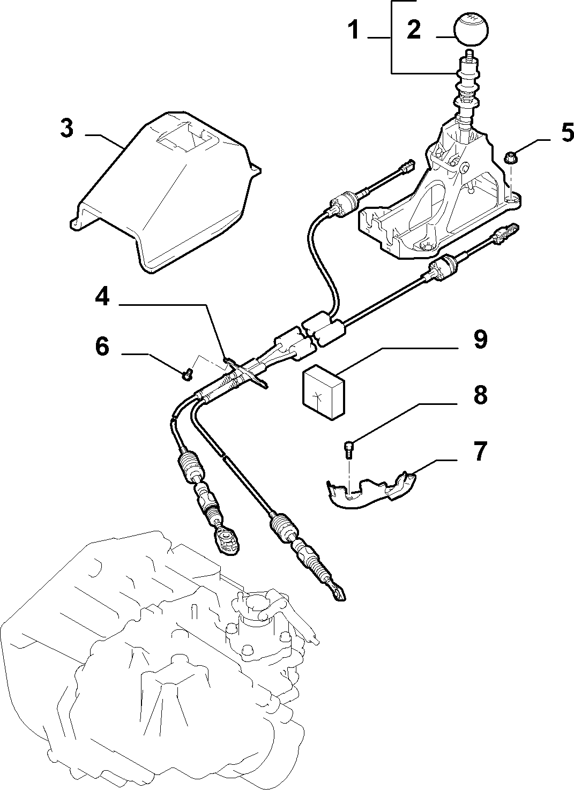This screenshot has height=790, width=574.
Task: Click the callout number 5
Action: coord(566,132)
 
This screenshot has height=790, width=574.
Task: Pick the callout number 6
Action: coord(102,347)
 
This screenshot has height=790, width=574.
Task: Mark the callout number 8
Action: coord(480,395)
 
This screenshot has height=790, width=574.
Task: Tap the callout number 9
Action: coord(480,340)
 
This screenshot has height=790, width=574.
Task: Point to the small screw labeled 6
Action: coord(188,374)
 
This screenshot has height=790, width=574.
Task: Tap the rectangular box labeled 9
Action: coord(323,392)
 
